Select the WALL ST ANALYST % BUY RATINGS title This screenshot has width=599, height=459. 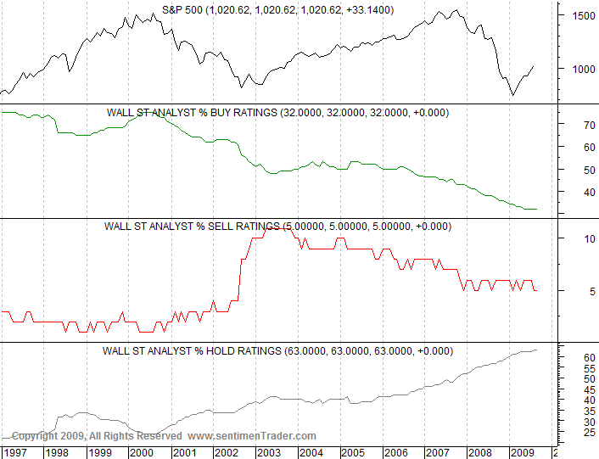tap(277, 112)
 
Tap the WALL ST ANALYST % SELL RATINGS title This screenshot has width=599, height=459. tap(277, 227)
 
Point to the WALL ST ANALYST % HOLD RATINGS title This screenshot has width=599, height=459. tap(277, 350)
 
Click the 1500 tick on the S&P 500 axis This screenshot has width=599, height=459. tap(581, 15)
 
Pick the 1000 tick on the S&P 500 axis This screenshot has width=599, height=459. tap(581, 69)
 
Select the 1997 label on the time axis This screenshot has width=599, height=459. tap(14, 452)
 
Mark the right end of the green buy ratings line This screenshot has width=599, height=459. tap(537, 209)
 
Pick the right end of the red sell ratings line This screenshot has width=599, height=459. tap(536, 291)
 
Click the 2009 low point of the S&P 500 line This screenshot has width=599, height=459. tap(512, 95)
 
